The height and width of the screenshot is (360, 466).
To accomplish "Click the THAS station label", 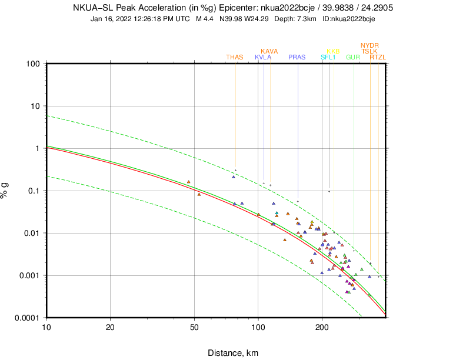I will pos(234,57).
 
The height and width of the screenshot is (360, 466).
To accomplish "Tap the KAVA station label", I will pos(269,51).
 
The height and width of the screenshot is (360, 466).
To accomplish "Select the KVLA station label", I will pos(263,57).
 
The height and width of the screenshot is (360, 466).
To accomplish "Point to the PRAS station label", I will pos(297,57).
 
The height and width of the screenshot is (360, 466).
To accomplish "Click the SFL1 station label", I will pos(328,57).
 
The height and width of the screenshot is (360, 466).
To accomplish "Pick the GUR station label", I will pos(353,57).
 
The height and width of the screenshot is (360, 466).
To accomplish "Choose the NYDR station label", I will pos(370,45).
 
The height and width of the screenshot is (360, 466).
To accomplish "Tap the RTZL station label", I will pos(378,57).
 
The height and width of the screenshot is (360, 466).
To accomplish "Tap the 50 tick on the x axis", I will pos(195,327).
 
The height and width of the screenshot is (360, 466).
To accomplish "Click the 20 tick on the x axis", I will pos(110,327).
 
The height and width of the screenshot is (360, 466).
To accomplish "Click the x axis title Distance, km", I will pos(232,353).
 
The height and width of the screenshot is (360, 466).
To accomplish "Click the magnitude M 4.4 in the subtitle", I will pos(205,19).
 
